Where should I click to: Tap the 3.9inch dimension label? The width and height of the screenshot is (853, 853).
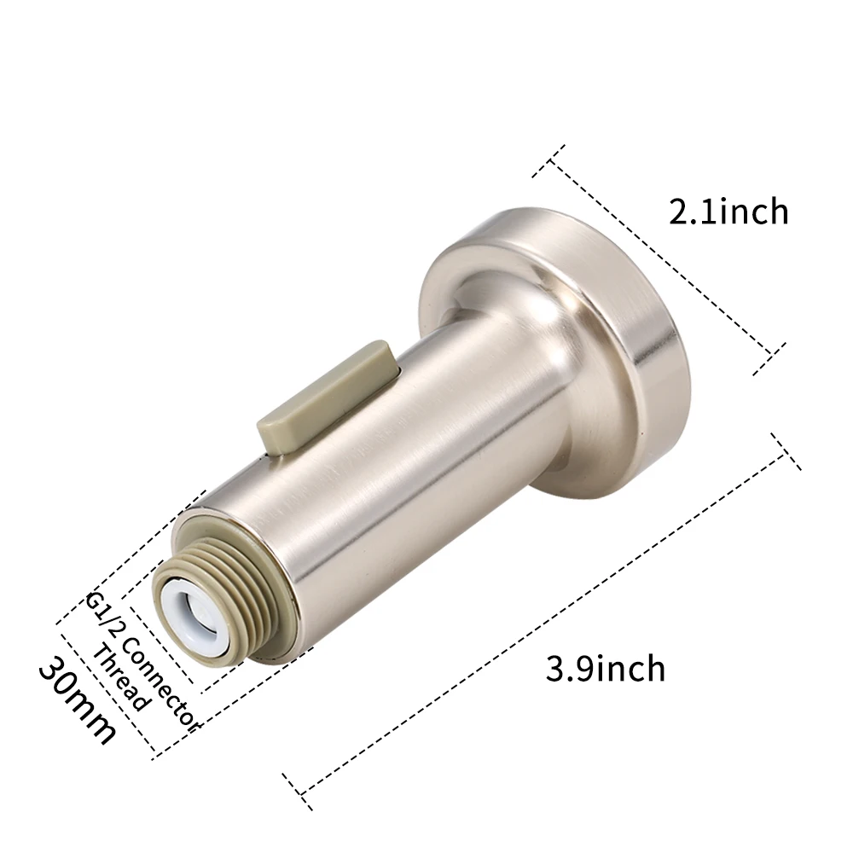point(605,668)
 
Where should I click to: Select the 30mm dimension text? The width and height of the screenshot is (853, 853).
point(77,699)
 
